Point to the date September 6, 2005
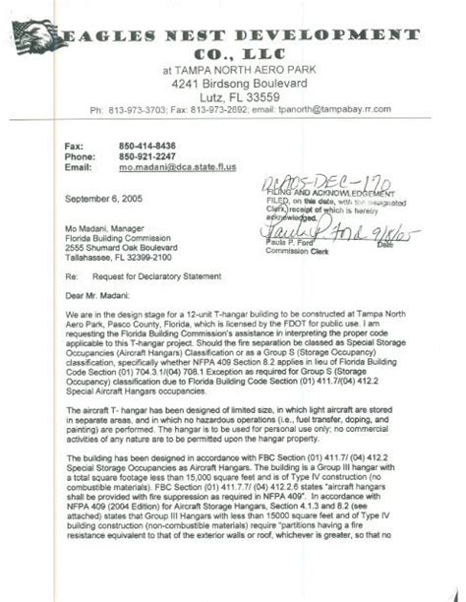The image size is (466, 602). (97, 198)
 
